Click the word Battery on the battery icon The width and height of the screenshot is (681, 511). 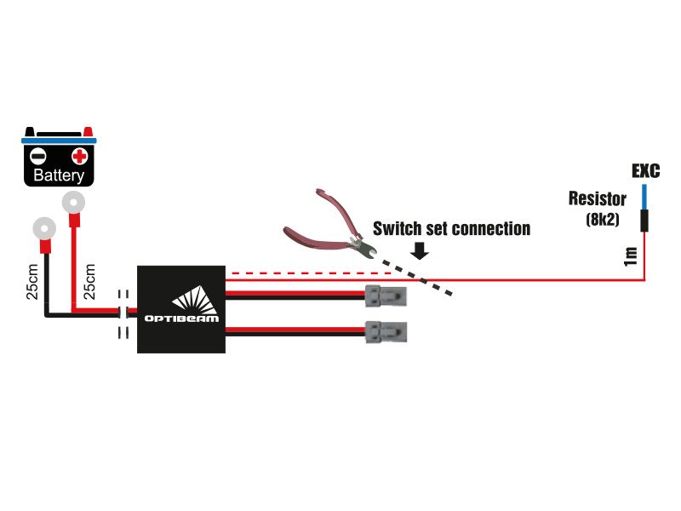point(59,175)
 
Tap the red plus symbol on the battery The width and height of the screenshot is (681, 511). point(79,156)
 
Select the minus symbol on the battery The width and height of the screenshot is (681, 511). point(37,156)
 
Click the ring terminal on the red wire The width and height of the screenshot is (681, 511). point(73,203)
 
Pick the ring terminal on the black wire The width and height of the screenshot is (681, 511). point(44,228)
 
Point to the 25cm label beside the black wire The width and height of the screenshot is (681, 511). point(32,282)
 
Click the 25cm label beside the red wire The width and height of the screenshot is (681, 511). point(89,282)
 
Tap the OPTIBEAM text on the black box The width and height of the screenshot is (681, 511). point(181,319)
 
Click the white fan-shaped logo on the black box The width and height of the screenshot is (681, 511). point(196,300)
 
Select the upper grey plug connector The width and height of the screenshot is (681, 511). point(386,296)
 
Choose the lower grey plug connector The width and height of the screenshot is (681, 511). point(386,332)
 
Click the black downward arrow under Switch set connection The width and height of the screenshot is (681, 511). point(420,250)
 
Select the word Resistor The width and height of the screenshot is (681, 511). point(598,198)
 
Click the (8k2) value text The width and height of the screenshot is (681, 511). point(603,219)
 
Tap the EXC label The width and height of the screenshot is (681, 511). point(646,171)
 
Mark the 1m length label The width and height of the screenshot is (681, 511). point(630,256)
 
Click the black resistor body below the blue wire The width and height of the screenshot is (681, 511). point(644,221)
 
